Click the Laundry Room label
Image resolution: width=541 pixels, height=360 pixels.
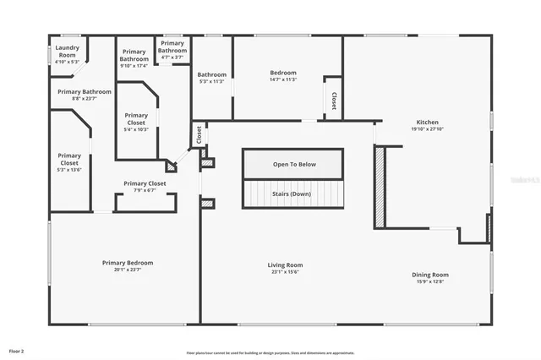[66, 52]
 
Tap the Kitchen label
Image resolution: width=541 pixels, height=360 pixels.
[428, 122]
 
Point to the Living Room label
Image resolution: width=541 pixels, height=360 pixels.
[286, 265]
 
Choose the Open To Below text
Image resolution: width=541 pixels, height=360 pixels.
[294, 164]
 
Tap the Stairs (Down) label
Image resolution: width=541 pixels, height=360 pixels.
[291, 194]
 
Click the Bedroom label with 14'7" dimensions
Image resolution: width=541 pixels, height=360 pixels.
[283, 73]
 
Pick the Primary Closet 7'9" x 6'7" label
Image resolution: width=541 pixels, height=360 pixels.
[145, 183]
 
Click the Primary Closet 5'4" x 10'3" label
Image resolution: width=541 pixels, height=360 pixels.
[136, 119]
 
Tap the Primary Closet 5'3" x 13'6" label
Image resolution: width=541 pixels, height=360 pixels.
[69, 155]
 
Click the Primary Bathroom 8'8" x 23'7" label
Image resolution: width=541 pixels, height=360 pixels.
[85, 91]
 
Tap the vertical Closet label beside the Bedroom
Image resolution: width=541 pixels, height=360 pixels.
[334, 101]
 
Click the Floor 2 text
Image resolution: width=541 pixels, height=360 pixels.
[17, 350]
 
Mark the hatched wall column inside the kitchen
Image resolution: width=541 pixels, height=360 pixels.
[380, 186]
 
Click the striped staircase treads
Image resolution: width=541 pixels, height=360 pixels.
[294, 202]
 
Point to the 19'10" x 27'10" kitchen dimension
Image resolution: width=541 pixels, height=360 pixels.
[428, 129]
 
